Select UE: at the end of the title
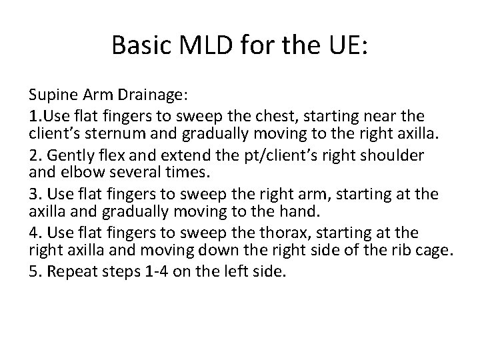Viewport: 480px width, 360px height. tap(343, 45)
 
